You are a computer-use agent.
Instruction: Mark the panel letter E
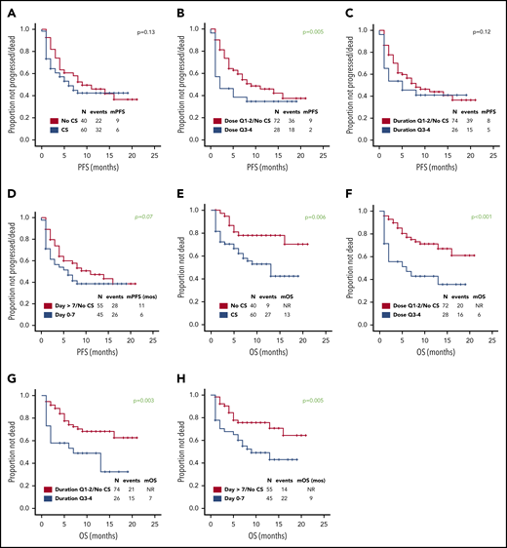(178, 191)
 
